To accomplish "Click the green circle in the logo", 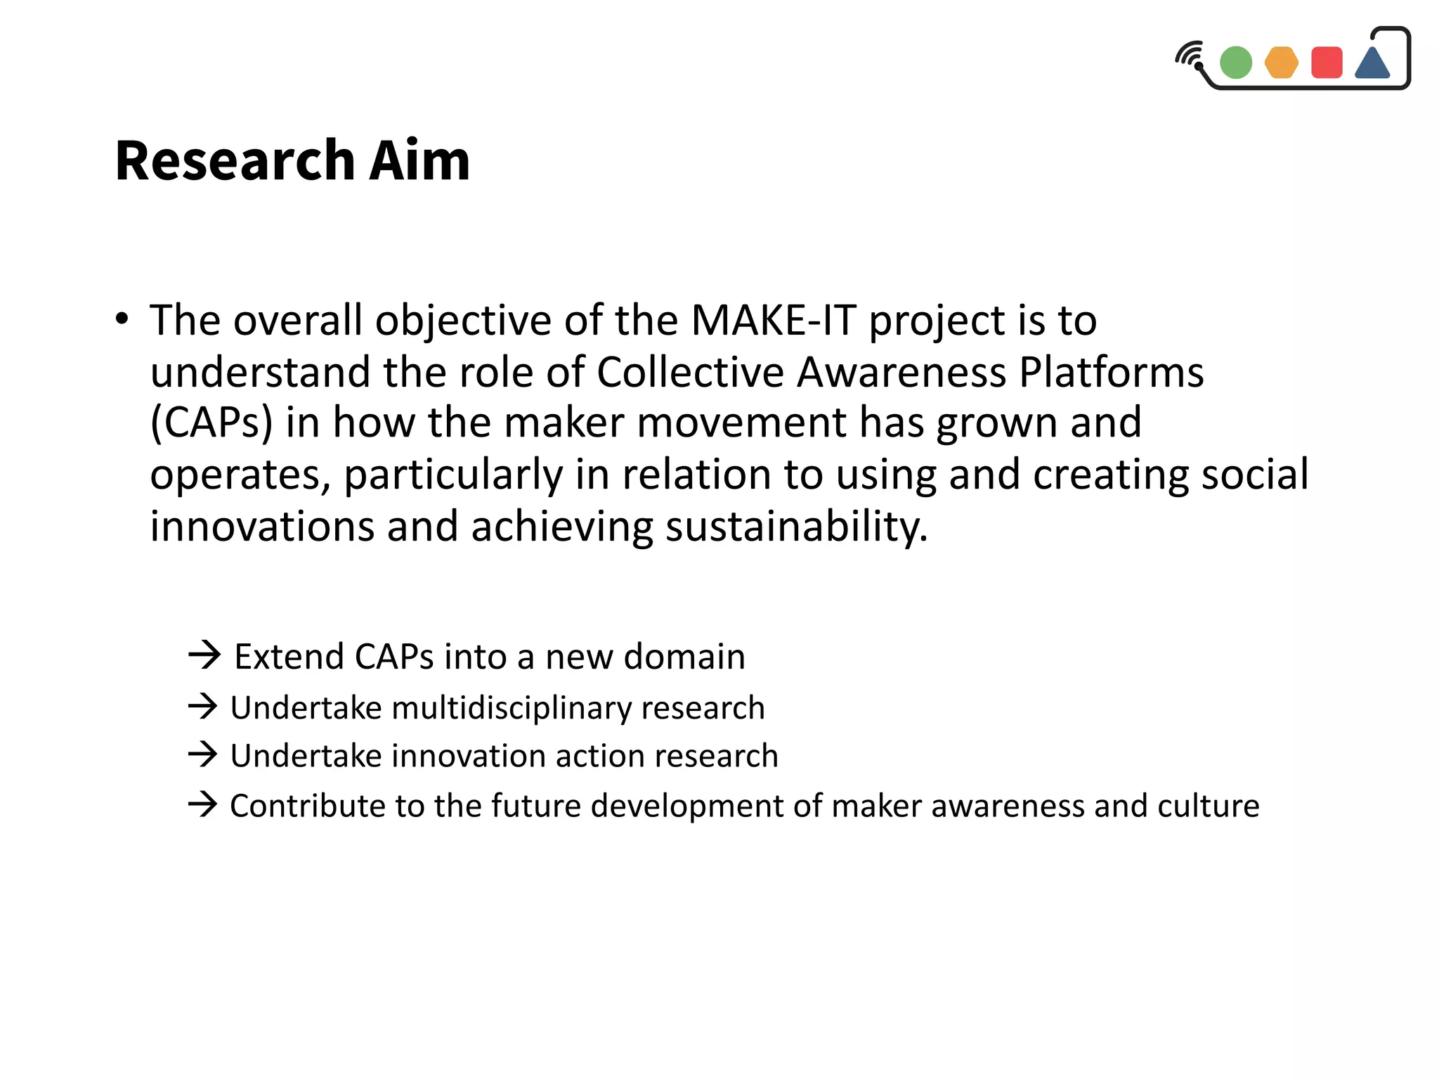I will [x=1235, y=63].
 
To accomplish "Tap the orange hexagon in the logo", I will [x=1281, y=63].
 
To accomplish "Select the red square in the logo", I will [x=1327, y=63].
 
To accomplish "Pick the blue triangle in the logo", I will [x=1372, y=64].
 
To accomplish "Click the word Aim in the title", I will [x=419, y=161].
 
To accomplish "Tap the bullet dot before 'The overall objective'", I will [x=122, y=319].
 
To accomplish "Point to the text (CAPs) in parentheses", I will [x=211, y=423].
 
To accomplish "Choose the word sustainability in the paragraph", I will [x=796, y=527].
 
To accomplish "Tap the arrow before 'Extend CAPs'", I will [x=204, y=655].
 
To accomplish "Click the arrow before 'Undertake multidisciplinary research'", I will [x=203, y=707].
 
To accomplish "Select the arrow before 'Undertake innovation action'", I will [x=203, y=755].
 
